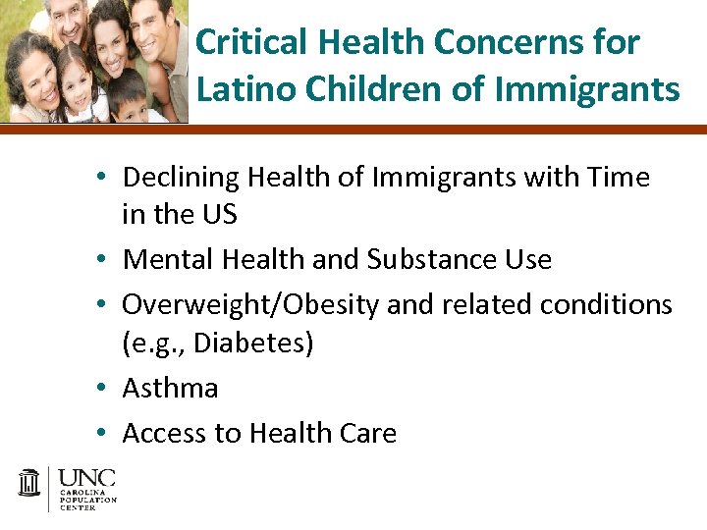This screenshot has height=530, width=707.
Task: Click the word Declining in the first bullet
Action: tap(181, 178)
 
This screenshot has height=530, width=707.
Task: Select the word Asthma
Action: tap(170, 389)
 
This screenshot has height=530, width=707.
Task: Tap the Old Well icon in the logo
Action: tap(30, 484)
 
